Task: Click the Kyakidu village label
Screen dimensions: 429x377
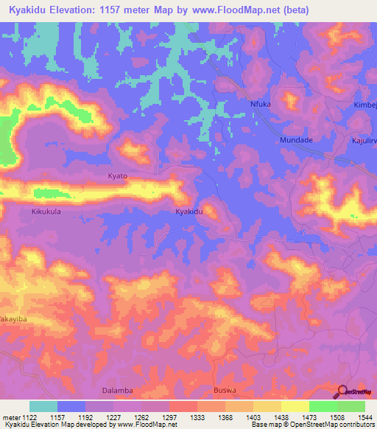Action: click(x=188, y=212)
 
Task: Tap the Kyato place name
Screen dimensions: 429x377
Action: click(x=118, y=176)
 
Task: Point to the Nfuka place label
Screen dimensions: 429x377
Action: click(x=261, y=104)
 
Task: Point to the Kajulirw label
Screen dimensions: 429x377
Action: click(x=363, y=139)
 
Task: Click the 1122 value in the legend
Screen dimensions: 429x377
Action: click(x=29, y=418)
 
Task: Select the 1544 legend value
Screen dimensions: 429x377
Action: click(x=364, y=418)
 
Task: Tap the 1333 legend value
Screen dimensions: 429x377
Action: click(x=197, y=418)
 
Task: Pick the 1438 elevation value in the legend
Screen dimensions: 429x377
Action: click(x=281, y=418)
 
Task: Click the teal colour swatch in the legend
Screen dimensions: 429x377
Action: click(x=43, y=406)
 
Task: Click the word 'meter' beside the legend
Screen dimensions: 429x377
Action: click(x=10, y=418)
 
